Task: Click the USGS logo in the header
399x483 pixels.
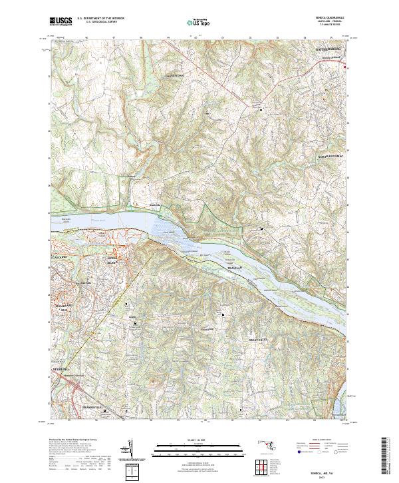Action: tap(62, 21)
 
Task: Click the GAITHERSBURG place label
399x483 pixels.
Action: tap(328, 49)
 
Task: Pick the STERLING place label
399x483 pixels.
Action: tap(61, 367)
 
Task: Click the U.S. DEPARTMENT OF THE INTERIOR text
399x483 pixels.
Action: tap(100, 19)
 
